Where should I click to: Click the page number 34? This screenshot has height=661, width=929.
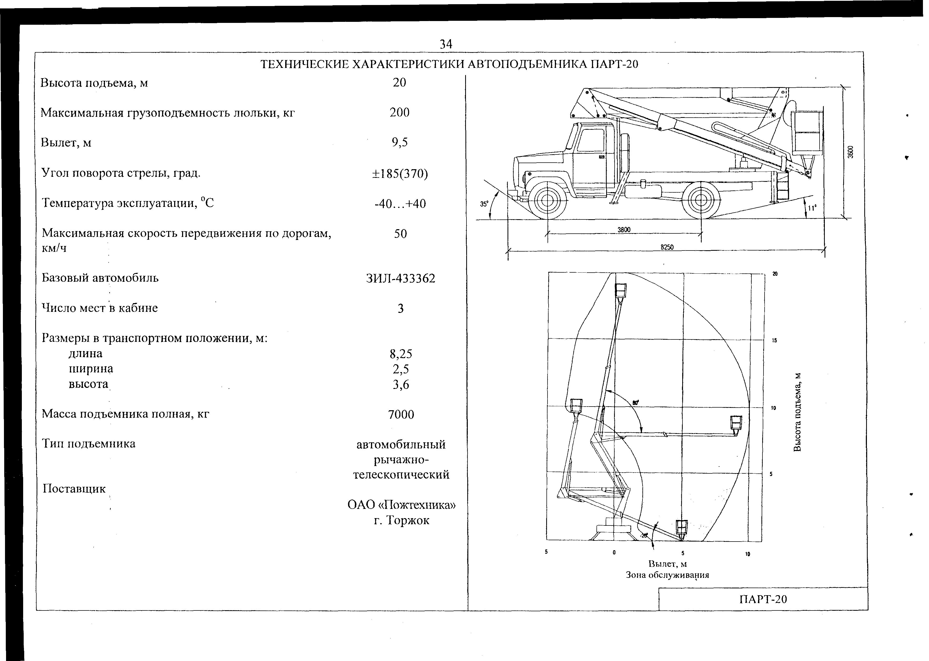[446, 44]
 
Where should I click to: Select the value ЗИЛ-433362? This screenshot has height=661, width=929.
[400, 278]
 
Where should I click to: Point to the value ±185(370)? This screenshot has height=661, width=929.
[400, 174]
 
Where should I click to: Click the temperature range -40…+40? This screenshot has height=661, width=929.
[400, 203]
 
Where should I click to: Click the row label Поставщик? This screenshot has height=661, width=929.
[74, 488]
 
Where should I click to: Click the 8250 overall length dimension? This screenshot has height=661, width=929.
[666, 247]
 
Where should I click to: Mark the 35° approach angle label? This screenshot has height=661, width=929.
[483, 204]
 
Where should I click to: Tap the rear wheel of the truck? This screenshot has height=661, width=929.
[701, 200]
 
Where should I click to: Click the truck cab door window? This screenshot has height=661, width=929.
[591, 141]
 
